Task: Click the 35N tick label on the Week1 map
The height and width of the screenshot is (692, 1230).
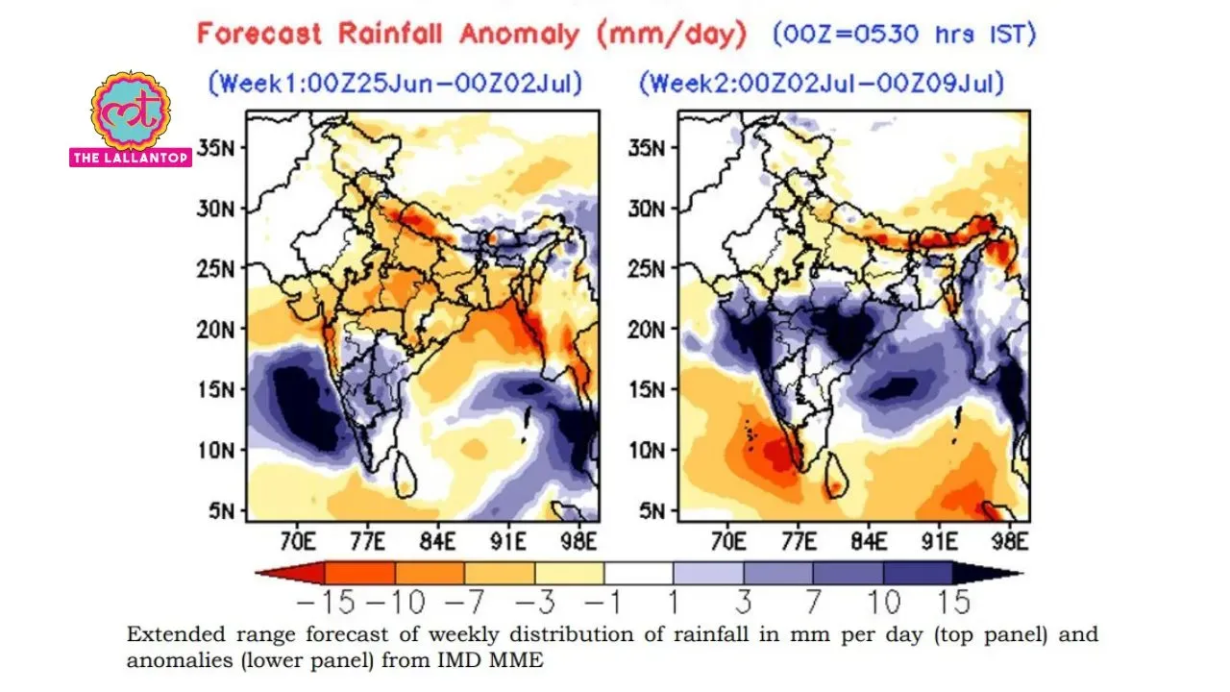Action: pyautogui.click(x=215, y=148)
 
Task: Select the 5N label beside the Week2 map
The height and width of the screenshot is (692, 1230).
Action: pyautogui.click(x=652, y=511)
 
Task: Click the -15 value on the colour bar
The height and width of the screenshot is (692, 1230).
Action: pyautogui.click(x=326, y=602)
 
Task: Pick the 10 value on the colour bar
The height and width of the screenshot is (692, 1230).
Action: pyautogui.click(x=884, y=602)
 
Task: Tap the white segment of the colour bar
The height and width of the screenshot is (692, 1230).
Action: pyautogui.click(x=639, y=573)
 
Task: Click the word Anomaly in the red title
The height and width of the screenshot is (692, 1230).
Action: pyautogui.click(x=520, y=34)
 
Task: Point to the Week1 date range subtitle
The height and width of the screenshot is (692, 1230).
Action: pyautogui.click(x=395, y=84)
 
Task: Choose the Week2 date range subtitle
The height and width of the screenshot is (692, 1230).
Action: pyautogui.click(x=822, y=84)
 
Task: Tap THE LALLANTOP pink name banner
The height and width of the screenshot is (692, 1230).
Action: pyautogui.click(x=131, y=158)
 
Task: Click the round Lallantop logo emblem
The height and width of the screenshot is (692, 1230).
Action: pyautogui.click(x=131, y=110)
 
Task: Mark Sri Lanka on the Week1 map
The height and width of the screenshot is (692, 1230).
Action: pyautogui.click(x=405, y=476)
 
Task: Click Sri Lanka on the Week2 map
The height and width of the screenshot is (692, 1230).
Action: pyautogui.click(x=836, y=476)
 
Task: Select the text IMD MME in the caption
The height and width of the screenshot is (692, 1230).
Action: pyautogui.click(x=490, y=659)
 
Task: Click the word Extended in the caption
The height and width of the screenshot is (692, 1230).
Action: pyautogui.click(x=176, y=634)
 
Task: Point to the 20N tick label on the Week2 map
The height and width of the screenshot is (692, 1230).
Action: pyautogui.click(x=647, y=330)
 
